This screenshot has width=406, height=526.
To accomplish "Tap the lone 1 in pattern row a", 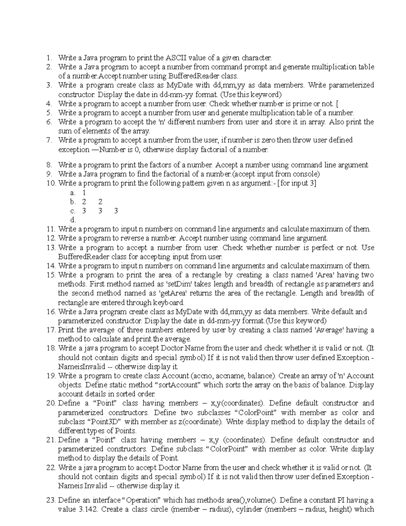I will coord(84,193).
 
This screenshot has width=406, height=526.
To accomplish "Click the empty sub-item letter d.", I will coord(72,220).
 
